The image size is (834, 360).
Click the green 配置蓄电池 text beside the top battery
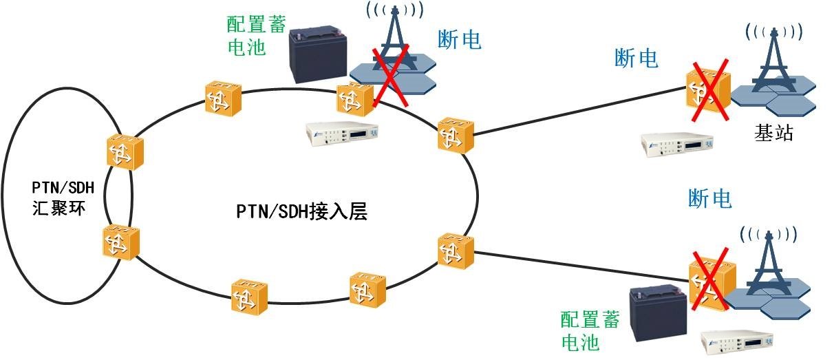coord(250,36)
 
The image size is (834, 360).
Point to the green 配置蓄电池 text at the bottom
coord(590,330)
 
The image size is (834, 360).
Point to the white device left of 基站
coord(677,144)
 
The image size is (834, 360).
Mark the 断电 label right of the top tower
coord(459,40)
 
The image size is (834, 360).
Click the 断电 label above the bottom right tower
coord(710,199)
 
